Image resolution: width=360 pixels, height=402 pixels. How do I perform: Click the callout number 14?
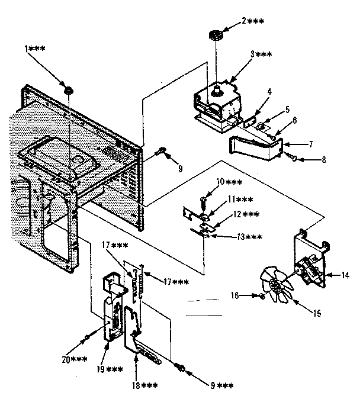[x=345, y=274]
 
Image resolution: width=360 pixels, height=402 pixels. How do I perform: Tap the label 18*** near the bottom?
[x=145, y=385]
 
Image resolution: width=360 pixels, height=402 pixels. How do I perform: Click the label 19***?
[x=111, y=369]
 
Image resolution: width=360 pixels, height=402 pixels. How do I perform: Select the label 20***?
[x=75, y=359]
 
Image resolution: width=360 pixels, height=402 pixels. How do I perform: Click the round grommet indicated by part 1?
[x=69, y=89]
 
